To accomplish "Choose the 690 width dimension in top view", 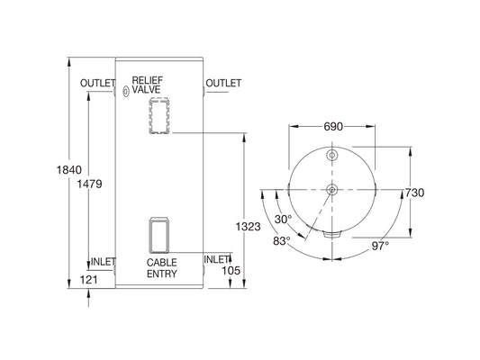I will (333, 128).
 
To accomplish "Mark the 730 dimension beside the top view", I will (414, 193).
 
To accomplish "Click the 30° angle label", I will (284, 219).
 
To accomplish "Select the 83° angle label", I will (280, 240).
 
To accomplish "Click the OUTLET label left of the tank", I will (97, 84).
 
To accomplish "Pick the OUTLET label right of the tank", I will (223, 84).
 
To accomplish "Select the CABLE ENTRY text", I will (163, 267).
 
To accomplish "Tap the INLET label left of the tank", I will (104, 262).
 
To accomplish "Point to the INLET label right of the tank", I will (217, 259).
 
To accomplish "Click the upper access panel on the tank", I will (158, 117).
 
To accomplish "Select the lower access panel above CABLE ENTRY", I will (158, 236).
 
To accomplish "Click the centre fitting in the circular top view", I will (332, 190).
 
